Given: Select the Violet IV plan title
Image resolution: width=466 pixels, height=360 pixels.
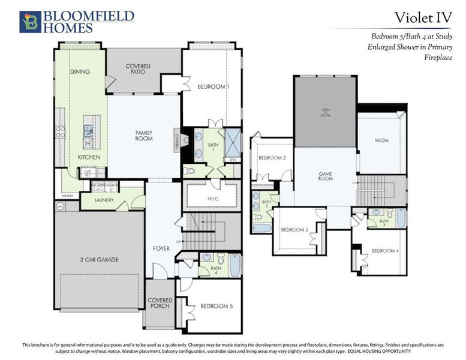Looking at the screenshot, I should (x=422, y=18).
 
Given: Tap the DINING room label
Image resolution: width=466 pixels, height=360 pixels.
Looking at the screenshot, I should (x=80, y=71).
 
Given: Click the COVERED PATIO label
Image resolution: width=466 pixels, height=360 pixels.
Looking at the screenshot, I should (x=138, y=69).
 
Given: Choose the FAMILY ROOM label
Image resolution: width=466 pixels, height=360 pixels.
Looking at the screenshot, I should (x=144, y=136).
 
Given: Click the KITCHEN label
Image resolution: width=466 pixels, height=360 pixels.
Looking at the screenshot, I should (x=88, y=157).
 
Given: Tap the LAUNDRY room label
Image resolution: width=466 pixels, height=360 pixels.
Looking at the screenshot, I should (x=105, y=200).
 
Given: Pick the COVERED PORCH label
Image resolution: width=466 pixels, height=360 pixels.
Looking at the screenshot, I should (x=160, y=303).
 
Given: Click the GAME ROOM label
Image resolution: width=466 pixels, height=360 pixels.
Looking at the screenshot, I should (x=326, y=176).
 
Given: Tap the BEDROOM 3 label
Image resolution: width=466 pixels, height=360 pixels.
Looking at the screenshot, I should (x=294, y=230).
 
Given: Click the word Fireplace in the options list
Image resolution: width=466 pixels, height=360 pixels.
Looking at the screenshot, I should (x=438, y=58).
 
